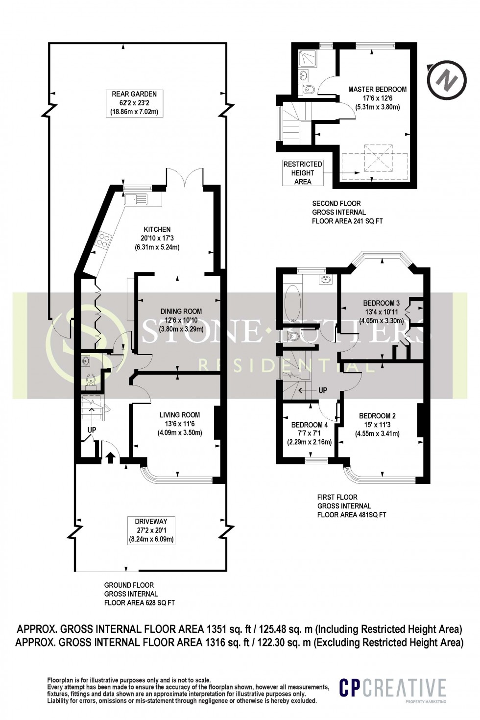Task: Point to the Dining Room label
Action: [x=181, y=311]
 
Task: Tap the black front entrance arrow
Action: [x=110, y=457]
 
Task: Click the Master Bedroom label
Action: [x=377, y=89]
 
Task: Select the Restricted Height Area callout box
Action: [x=303, y=173]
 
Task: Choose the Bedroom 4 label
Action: [x=309, y=425]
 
